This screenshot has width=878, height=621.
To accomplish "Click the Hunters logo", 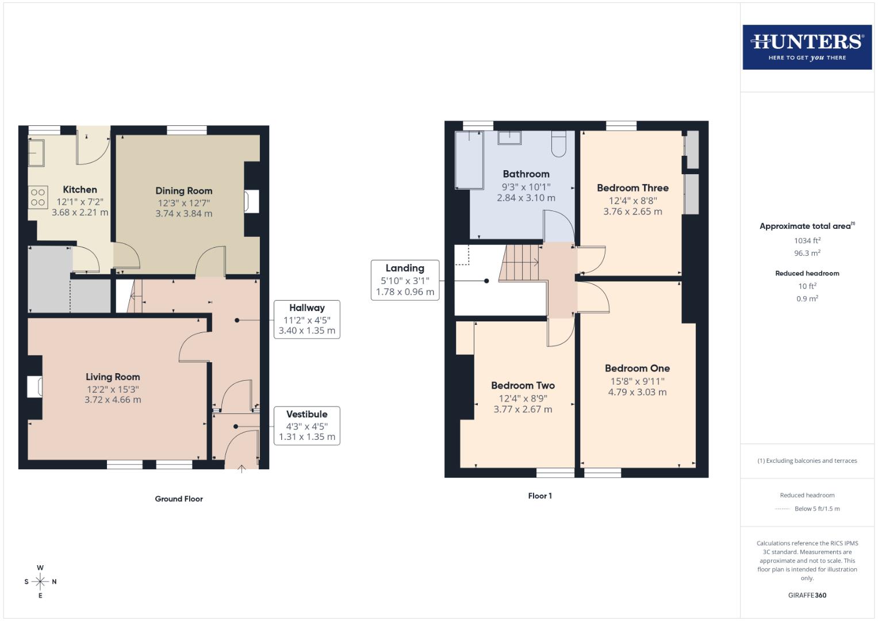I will point(807,47).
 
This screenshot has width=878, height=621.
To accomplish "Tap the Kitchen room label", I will point(80,190).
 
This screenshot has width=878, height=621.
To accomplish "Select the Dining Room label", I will point(184,191).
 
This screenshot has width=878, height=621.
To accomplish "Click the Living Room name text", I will point(113,377).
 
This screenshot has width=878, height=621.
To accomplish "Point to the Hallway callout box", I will point(306,319).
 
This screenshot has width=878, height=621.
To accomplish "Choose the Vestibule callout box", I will point(306,425).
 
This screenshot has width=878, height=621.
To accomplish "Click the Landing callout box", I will point(405,280).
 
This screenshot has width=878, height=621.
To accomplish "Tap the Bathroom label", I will point(526,174).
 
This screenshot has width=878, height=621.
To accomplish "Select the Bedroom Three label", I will point(632,188).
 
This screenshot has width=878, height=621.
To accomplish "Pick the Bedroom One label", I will point(637,369).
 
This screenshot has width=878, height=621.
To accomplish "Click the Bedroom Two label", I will point(523,386).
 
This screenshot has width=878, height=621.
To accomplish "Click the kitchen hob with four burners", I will point(38,197).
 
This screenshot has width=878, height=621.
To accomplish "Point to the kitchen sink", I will point(36,152).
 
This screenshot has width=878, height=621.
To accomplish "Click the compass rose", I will point(40,581).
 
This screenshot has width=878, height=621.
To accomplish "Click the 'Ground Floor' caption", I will point(179,499).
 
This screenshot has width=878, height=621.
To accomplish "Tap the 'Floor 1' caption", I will point(540,496).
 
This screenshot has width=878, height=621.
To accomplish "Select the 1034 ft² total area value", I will point(807,241).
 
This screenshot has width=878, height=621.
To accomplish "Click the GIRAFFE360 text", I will point(807,595).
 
